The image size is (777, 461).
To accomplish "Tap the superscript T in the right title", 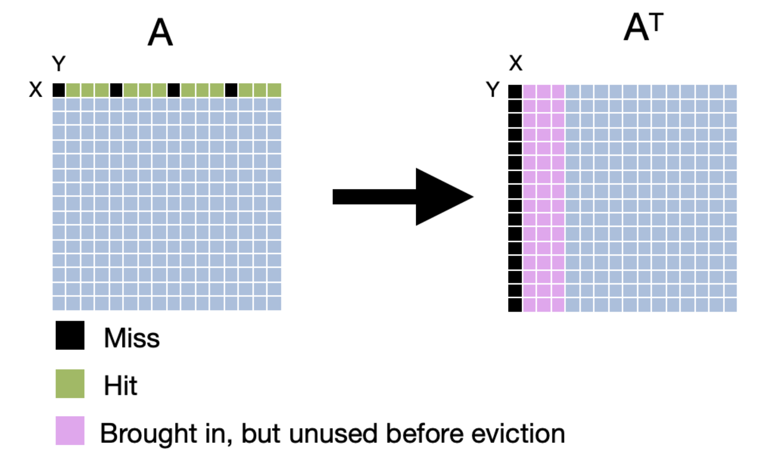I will (x=656, y=22).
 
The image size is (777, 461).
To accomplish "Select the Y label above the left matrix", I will (x=58, y=64).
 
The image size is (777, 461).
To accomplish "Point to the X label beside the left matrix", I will (x=35, y=89).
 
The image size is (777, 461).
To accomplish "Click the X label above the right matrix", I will (x=515, y=63).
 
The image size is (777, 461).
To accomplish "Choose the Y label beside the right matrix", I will (x=492, y=89).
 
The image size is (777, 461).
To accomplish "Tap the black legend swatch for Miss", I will (x=70, y=335).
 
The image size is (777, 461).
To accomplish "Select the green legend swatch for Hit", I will (x=70, y=384).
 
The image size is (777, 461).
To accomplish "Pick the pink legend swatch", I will (x=70, y=430).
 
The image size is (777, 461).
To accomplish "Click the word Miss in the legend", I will (x=132, y=338).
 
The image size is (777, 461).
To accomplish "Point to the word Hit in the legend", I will (x=120, y=385).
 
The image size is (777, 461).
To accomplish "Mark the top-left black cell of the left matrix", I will (x=58, y=90).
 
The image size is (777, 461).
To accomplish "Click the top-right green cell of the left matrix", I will (x=274, y=90).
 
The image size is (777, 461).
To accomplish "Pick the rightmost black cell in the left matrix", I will (x=231, y=90).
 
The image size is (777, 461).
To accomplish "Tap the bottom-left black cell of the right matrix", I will (x=515, y=305).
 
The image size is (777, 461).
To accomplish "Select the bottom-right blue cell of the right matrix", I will (x=730, y=305).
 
